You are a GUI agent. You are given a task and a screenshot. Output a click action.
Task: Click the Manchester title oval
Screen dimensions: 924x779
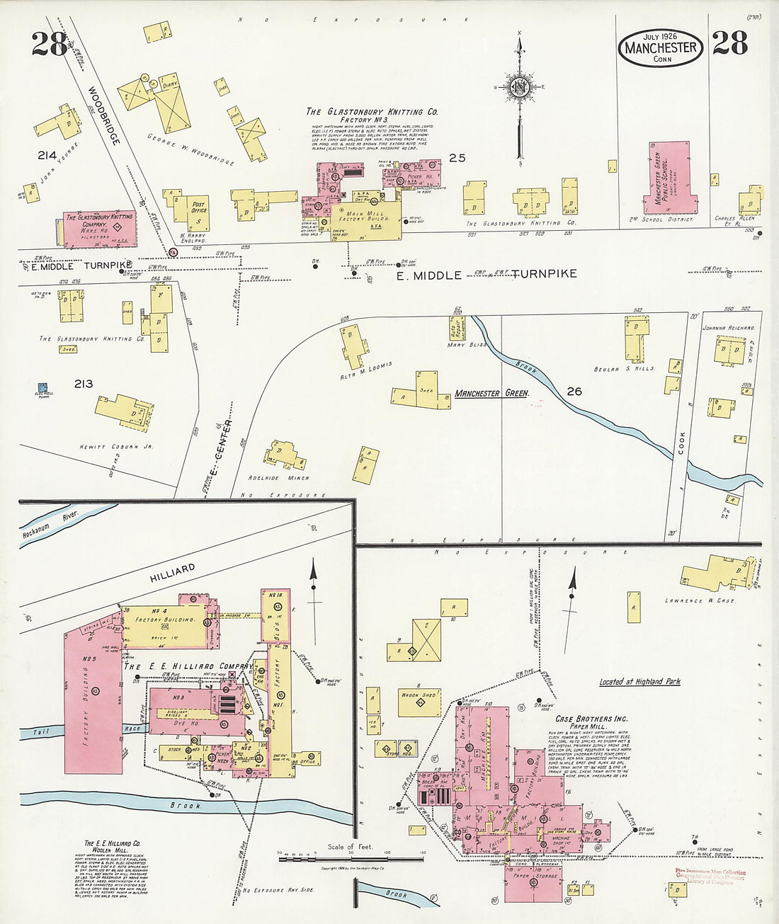coord(661,47)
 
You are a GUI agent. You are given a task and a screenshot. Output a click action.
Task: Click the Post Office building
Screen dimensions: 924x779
coord(198,213)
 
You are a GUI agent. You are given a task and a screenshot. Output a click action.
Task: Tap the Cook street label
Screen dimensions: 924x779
coord(681,442)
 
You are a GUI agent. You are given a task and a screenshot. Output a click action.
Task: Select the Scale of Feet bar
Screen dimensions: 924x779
coord(351,858)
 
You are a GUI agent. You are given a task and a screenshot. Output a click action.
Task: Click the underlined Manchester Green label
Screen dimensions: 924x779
coord(491,393)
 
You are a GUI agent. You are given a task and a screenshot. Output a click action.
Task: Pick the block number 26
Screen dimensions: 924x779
coord(574,390)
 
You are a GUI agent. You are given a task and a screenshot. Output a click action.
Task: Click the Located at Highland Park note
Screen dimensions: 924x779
coord(639,682)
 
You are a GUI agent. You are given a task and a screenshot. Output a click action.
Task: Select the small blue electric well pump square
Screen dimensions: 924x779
coord(42,388)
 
